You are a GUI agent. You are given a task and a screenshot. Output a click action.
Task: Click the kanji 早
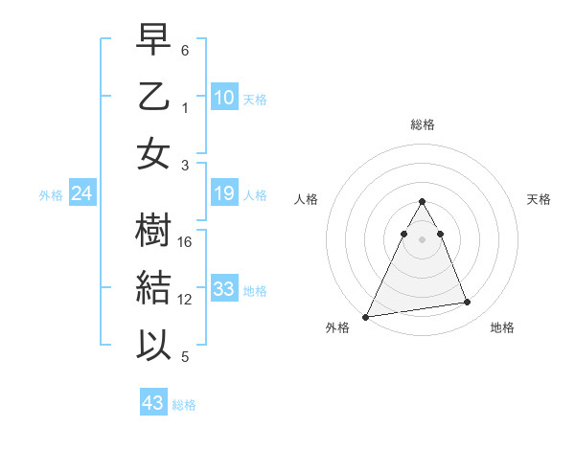(153, 39)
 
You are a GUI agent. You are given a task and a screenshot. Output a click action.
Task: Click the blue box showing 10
(224, 97)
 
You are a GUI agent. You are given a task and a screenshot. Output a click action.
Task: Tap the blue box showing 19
(224, 194)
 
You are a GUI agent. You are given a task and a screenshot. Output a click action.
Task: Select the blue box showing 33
(224, 289)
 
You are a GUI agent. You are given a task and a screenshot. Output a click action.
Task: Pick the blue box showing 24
(82, 194)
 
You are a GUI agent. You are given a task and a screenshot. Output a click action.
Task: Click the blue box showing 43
(153, 403)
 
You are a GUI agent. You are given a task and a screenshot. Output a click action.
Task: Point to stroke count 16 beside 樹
(186, 242)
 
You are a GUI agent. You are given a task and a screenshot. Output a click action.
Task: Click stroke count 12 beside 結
(186, 300)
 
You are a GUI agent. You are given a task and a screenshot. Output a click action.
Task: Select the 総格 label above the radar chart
(423, 124)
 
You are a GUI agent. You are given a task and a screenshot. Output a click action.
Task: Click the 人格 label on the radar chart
(307, 199)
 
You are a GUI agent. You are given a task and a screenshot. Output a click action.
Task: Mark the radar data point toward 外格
(365, 316)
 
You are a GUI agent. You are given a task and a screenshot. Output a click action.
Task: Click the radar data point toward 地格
(468, 303)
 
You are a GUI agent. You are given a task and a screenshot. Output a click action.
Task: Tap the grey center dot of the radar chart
(423, 239)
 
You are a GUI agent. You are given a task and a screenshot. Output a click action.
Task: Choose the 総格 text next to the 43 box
(184, 405)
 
